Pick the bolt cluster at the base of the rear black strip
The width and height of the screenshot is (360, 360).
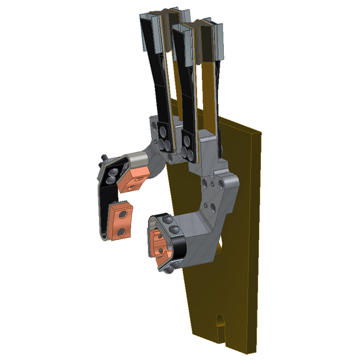(164, 138)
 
